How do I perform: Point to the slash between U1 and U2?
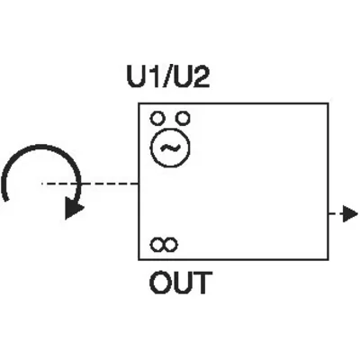pyautogui.click(x=167, y=76)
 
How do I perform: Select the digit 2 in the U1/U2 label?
pyautogui.click(x=201, y=76)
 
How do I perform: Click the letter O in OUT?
pyautogui.click(x=159, y=283)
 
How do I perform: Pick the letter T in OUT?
pyautogui.click(x=203, y=283)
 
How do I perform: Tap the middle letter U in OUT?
pyautogui.click(x=181, y=283)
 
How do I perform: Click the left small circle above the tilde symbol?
pyautogui.click(x=157, y=118)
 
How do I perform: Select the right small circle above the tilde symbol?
pyautogui.click(x=182, y=118)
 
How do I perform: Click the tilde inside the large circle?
pyautogui.click(x=170, y=148)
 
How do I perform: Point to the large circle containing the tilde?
pyautogui.click(x=170, y=128)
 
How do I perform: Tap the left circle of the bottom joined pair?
pyautogui.click(x=157, y=245)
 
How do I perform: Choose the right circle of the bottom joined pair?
pyautogui.click(x=171, y=245)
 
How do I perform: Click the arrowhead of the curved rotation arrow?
pyautogui.click(x=74, y=209)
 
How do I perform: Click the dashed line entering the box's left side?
pyautogui.click(x=90, y=184)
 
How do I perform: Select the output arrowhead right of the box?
pyautogui.click(x=350, y=214)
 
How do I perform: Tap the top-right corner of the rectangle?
pyautogui.click(x=328, y=103)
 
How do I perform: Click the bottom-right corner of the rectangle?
pyautogui.click(x=328, y=259)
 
